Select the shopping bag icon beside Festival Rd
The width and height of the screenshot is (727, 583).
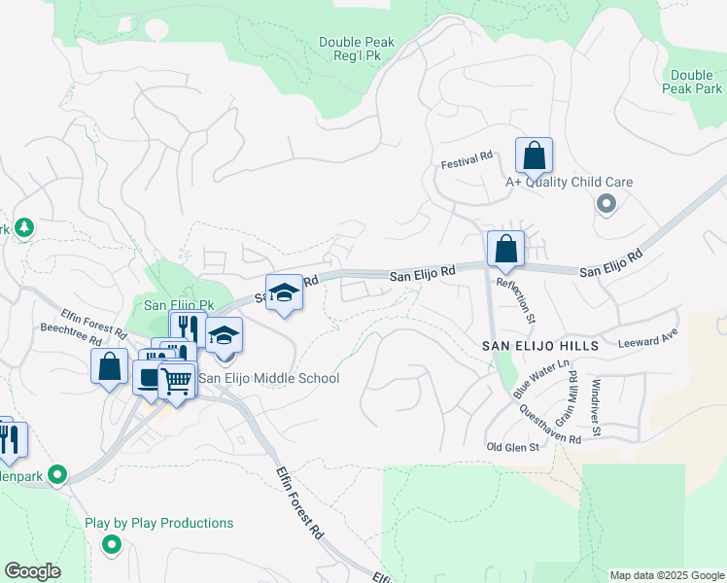tap(534, 155)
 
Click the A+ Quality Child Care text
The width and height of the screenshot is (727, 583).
tap(569, 182)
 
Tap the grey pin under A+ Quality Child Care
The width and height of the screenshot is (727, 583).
tap(607, 204)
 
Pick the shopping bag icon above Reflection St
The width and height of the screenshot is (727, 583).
tap(505, 249)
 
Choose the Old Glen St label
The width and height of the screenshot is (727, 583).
tap(512, 446)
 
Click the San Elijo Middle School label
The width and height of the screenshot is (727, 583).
tap(269, 378)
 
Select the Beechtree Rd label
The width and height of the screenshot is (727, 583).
tap(68, 342)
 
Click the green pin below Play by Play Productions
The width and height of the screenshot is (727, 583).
tap(111, 546)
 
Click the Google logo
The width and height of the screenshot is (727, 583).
tap(33, 571)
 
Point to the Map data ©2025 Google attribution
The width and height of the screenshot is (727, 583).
tap(666, 575)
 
